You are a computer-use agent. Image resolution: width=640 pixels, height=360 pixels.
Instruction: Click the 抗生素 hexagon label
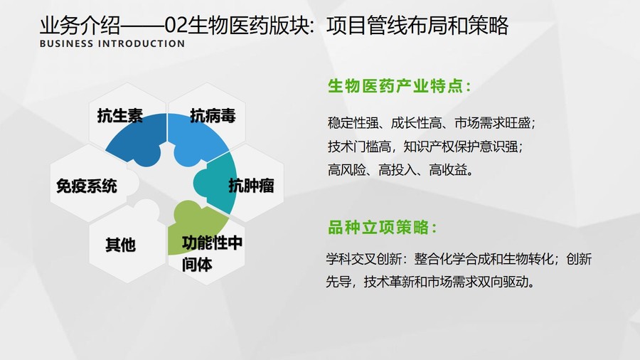(x=120, y=116)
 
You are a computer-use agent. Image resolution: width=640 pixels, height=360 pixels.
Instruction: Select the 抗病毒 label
(x=213, y=116)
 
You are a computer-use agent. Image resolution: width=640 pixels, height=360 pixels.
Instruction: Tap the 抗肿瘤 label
(x=251, y=186)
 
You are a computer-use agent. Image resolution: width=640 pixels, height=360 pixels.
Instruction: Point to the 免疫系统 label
(x=87, y=186)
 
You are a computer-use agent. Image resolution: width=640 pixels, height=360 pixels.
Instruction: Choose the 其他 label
(x=120, y=245)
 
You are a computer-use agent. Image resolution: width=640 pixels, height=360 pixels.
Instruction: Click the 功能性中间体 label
(x=212, y=253)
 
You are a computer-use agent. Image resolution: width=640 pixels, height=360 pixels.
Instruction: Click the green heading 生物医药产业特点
(x=400, y=86)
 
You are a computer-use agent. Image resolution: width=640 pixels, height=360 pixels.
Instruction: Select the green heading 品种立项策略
(x=383, y=228)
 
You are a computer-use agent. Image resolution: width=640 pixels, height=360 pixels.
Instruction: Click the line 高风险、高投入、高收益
(x=400, y=169)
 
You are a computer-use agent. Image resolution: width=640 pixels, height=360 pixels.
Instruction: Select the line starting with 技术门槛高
(x=425, y=146)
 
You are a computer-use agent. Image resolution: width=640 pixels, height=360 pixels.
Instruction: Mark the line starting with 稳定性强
(x=432, y=123)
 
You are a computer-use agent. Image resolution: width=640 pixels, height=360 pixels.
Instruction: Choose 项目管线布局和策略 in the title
(x=417, y=26)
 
